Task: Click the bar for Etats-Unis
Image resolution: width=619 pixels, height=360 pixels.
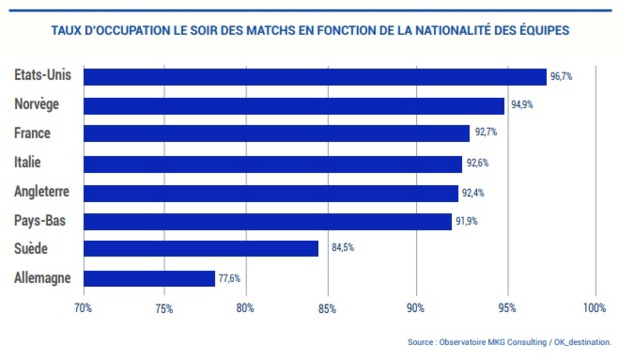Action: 314,76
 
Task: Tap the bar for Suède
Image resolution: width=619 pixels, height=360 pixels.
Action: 200,249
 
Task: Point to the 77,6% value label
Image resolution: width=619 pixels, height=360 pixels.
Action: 229,279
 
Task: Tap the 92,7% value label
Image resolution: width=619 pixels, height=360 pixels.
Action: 484,133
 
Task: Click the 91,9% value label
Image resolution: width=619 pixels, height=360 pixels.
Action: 466,221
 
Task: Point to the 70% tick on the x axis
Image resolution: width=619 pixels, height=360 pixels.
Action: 83,307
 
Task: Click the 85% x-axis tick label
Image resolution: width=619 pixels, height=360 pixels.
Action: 326,307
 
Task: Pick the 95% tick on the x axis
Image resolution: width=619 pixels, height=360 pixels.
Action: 507,307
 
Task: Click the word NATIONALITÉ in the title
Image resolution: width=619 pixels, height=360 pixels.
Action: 445,30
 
